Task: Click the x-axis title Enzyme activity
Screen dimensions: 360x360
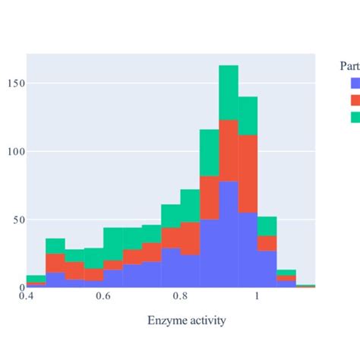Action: pyautogui.click(x=186, y=321)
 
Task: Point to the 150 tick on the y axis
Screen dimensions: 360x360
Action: pyautogui.click(x=14, y=84)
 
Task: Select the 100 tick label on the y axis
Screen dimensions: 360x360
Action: pyautogui.click(x=14, y=152)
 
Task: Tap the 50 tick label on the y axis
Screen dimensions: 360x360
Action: pyautogui.click(x=17, y=220)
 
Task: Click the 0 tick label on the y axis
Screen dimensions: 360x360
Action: pyautogui.click(x=20, y=288)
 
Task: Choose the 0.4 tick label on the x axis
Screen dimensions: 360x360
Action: pyautogui.click(x=27, y=298)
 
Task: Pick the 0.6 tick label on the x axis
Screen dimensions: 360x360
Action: pyautogui.click(x=103, y=298)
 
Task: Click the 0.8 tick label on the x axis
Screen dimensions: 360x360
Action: pyautogui.click(x=180, y=298)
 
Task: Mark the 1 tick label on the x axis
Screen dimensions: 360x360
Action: pyautogui.click(x=257, y=298)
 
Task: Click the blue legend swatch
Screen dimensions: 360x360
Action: pyautogui.click(x=356, y=84)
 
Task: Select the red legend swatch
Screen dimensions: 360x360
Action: pyautogui.click(x=356, y=100)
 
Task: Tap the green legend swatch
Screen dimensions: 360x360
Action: pyautogui.click(x=356, y=117)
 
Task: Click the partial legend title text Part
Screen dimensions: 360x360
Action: pyautogui.click(x=349, y=67)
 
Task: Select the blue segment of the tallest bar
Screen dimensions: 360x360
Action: pyautogui.click(x=229, y=235)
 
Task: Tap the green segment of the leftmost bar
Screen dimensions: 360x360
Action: pyautogui.click(x=36, y=279)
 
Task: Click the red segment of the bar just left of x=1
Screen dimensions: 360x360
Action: pyautogui.click(x=248, y=174)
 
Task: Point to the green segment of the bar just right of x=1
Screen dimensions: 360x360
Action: pyautogui.click(x=267, y=226)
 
